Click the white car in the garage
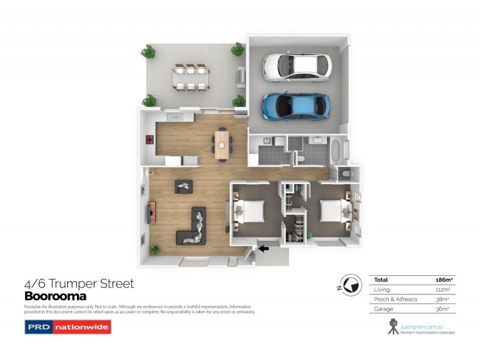[296, 67]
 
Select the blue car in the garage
[295, 106]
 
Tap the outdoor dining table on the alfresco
[190, 76]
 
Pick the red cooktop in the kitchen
[148, 141]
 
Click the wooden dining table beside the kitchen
[223, 144]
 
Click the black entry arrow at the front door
[264, 247]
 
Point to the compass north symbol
[347, 284]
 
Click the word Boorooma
[55, 296]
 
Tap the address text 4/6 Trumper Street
[79, 284]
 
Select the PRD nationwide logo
[67, 328]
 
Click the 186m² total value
[443, 280]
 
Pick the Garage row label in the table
[384, 308]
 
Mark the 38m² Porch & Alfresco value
[443, 299]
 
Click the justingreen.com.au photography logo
[420, 326]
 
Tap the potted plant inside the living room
[155, 248]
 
